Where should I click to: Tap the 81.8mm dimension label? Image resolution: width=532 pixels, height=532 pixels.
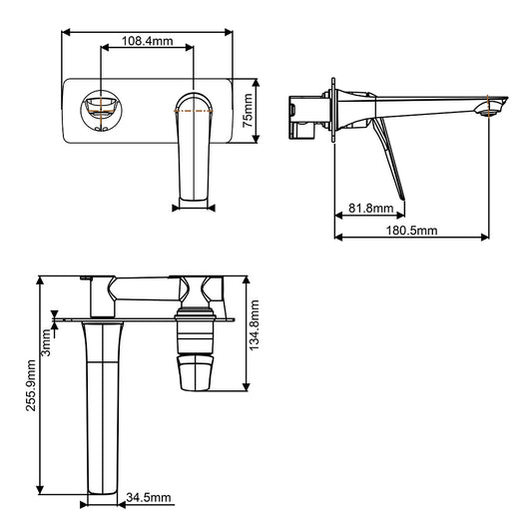[x=370, y=209]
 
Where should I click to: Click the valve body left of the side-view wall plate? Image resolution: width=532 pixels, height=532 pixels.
[x=304, y=113]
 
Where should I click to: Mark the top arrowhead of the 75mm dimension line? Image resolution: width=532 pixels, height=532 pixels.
[x=257, y=80]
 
